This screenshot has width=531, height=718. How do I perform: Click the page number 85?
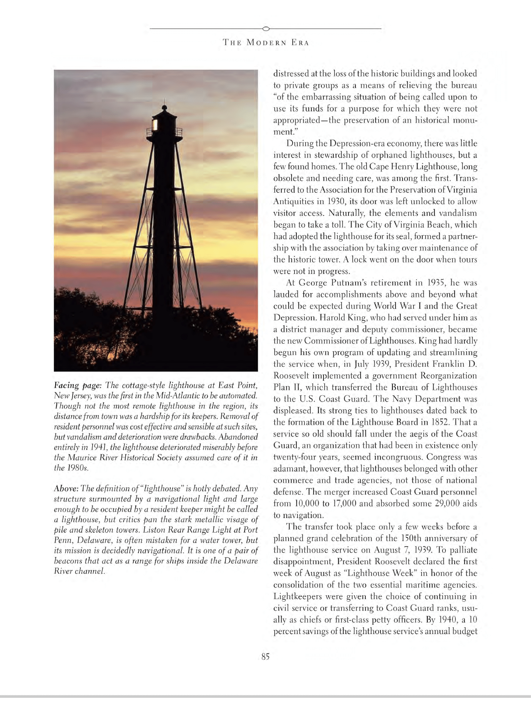[x=265, y=656]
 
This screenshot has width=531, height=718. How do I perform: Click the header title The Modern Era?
[x=266, y=43]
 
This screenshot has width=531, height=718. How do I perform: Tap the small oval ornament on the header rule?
[x=266, y=29]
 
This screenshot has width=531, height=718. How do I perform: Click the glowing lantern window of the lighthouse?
[x=155, y=125]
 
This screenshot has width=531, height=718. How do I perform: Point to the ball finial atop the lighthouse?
[x=164, y=107]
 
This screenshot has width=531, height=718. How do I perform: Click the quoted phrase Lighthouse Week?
[x=379, y=573]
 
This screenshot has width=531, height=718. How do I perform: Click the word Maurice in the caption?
[x=80, y=457]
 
